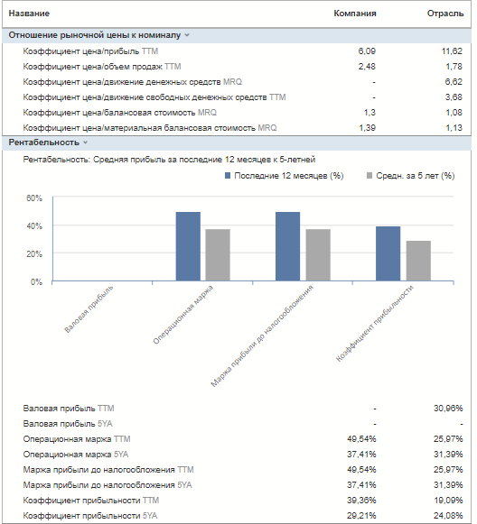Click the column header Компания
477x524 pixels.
pyautogui.click(x=355, y=14)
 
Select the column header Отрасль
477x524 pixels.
pyautogui.click(x=445, y=14)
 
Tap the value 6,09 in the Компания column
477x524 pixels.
pyautogui.click(x=367, y=51)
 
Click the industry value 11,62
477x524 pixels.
pyautogui.click(x=452, y=51)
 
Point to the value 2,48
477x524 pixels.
pyautogui.click(x=367, y=67)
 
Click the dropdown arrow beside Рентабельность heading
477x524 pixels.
pyautogui.click(x=85, y=142)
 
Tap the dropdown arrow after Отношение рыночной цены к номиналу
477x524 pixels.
pyautogui.click(x=187, y=35)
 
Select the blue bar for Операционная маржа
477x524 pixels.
pyautogui.click(x=188, y=246)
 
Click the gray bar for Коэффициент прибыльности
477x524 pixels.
pyautogui.click(x=418, y=261)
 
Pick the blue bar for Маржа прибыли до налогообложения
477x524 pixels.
pyautogui.click(x=288, y=246)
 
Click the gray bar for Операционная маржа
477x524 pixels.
pyautogui.click(x=218, y=255)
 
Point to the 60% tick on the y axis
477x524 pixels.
pyautogui.click(x=34, y=198)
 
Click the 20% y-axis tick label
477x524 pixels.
pyautogui.click(x=34, y=254)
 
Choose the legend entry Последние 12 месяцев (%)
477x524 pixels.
pyautogui.click(x=285, y=176)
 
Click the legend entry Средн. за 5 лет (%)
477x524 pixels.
pyautogui.click(x=411, y=176)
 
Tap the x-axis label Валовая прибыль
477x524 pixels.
pyautogui.click(x=89, y=309)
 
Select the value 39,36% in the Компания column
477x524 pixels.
pyautogui.click(x=361, y=501)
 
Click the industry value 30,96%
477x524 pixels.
pyautogui.click(x=448, y=408)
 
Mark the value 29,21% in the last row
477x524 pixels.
pyautogui.click(x=361, y=516)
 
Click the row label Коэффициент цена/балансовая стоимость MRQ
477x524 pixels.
pyautogui.click(x=120, y=113)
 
